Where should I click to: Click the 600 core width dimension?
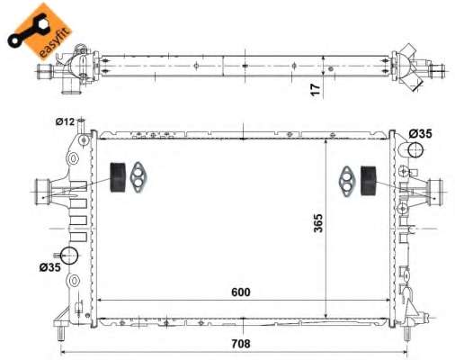click(x=240, y=292)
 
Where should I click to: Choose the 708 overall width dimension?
click(x=240, y=343)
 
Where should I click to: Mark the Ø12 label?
click(x=65, y=121)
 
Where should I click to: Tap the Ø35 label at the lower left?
click(x=49, y=267)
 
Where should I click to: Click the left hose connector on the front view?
click(x=41, y=190)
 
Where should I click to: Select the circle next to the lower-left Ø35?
click(x=70, y=256)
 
